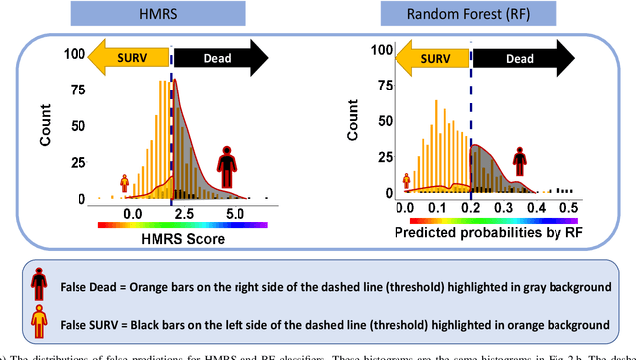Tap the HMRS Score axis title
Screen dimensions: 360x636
point(183,239)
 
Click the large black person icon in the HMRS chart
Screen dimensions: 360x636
point(228,165)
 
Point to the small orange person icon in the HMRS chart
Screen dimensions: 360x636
point(125,182)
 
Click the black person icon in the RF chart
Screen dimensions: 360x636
point(520,159)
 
